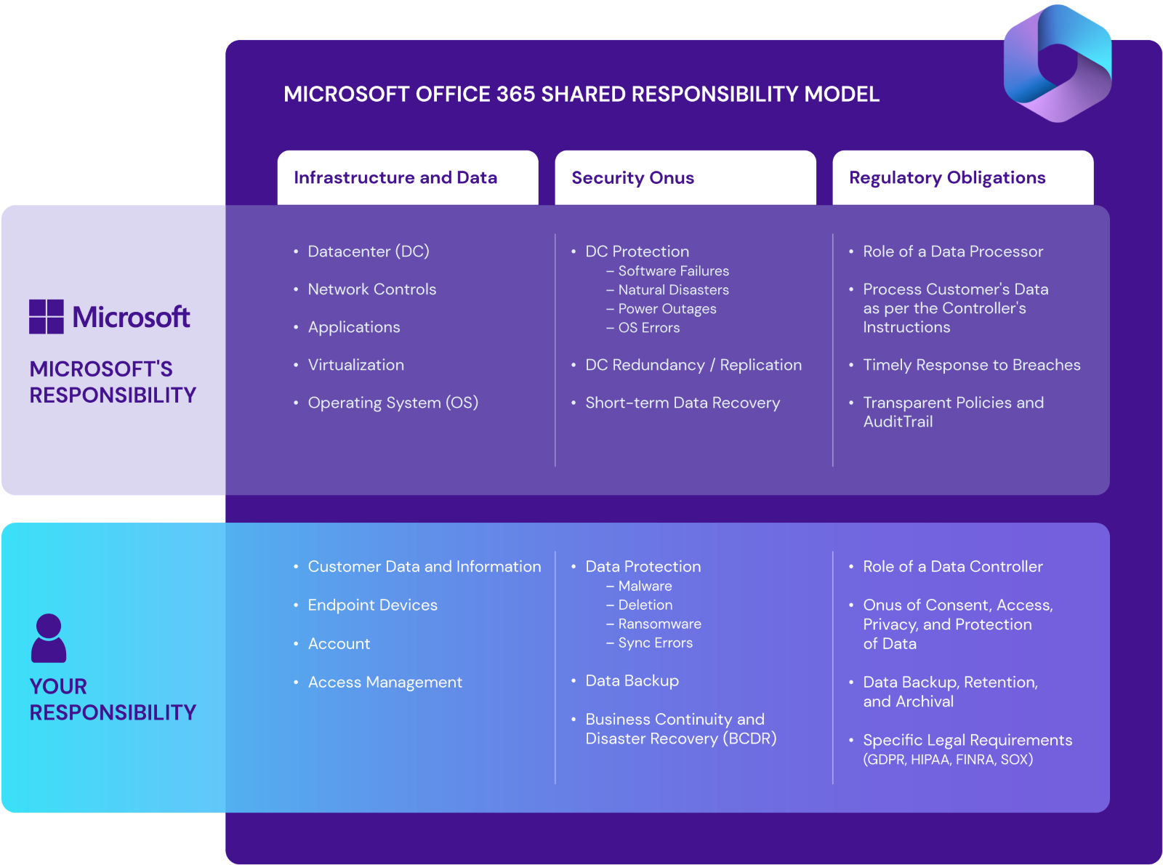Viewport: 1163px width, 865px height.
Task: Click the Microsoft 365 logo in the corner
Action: (x=1058, y=64)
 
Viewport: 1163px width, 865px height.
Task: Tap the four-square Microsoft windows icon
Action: (x=47, y=317)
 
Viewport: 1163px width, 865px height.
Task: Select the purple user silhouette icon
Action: (x=49, y=638)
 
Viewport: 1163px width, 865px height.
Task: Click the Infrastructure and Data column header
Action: (x=395, y=177)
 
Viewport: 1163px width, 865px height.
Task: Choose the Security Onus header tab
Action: (x=632, y=177)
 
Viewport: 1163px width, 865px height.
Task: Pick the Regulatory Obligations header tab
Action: (x=947, y=177)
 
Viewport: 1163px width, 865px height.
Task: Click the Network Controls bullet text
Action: (x=371, y=289)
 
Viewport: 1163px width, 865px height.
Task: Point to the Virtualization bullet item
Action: (x=355, y=365)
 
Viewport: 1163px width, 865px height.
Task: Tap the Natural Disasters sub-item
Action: (x=673, y=290)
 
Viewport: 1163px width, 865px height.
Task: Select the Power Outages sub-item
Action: (x=667, y=309)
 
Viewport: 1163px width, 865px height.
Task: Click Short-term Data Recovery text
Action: (x=682, y=403)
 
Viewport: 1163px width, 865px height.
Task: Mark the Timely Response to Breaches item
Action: (x=971, y=365)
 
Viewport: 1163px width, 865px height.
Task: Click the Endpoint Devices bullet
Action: (x=372, y=605)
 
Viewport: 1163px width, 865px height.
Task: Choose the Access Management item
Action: (x=385, y=682)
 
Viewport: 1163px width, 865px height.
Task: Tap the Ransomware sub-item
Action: (x=659, y=624)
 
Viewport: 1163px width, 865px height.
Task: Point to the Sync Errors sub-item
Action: (x=655, y=643)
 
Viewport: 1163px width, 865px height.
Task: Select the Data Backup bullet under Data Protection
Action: (x=632, y=680)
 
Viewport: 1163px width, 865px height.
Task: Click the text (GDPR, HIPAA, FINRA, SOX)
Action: (x=948, y=760)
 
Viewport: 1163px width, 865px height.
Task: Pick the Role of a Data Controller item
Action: (x=952, y=566)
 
